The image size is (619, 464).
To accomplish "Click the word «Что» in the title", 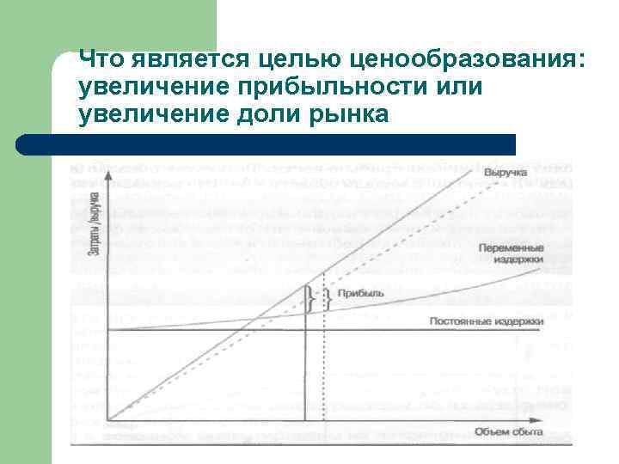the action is (101, 59).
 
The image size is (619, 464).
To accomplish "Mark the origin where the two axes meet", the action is (111, 420).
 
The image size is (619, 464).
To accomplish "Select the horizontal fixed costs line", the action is (258, 330).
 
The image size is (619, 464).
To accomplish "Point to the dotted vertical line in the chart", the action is (323, 369).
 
